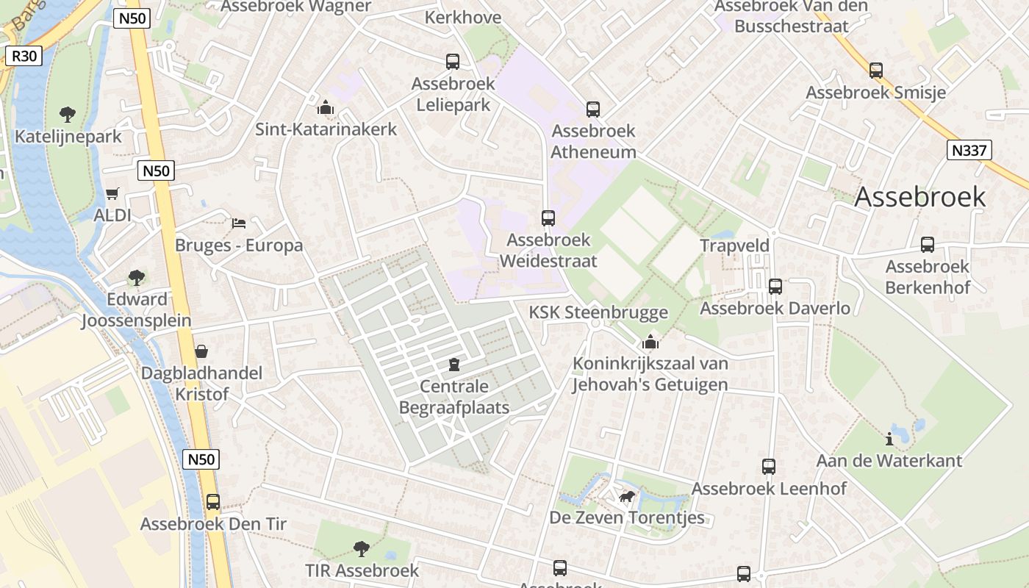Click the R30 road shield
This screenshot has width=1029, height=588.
[24, 56]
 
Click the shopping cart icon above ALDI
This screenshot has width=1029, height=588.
[112, 194]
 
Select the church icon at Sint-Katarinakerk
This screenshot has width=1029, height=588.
[326, 108]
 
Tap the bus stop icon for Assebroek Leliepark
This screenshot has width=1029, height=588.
[453, 62]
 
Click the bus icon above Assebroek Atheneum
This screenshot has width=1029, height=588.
[593, 110]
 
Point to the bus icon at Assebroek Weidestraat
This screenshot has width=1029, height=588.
[548, 218]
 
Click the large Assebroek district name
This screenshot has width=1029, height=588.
[919, 196]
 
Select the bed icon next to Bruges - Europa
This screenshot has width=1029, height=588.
[239, 223]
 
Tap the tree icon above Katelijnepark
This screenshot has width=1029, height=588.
[68, 115]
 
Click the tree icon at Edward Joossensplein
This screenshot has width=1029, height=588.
[136, 278]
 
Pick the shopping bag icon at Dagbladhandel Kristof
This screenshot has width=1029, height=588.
[201, 351]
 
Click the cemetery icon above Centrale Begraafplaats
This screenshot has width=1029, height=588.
[454, 365]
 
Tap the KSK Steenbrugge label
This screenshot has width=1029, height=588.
[598, 312]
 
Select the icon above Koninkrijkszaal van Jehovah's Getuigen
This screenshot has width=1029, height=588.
[650, 343]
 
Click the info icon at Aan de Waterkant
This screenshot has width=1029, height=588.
[889, 440]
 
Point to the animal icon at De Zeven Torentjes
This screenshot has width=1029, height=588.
[627, 497]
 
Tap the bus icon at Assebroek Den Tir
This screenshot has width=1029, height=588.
[213, 502]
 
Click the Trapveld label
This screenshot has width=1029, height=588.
[734, 245]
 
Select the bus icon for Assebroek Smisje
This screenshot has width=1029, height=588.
[876, 71]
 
